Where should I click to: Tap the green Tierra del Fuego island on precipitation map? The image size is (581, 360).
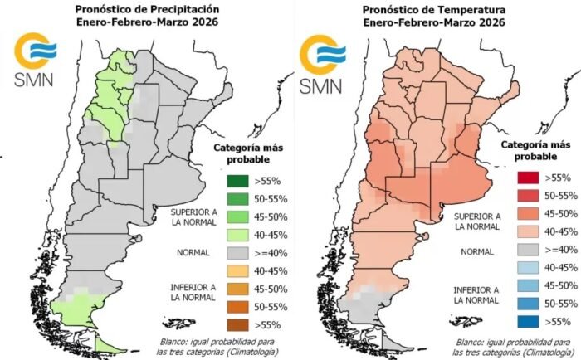pos(107,343)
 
